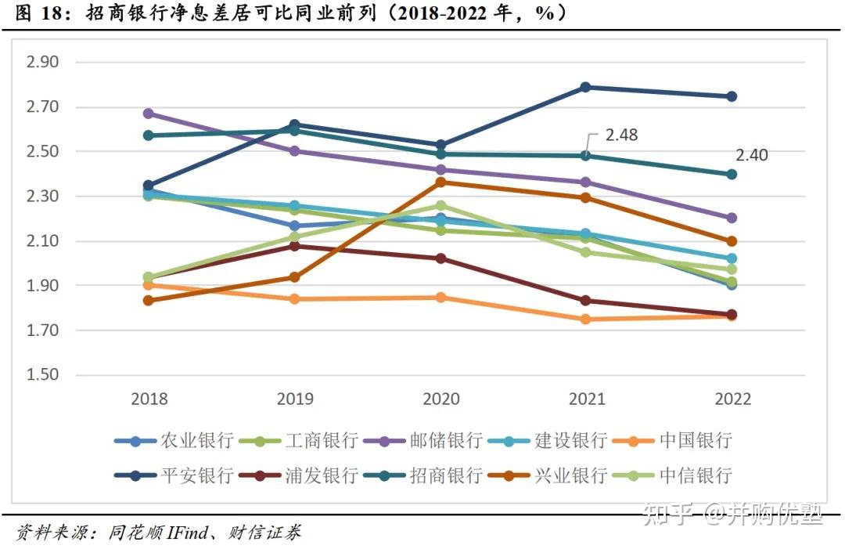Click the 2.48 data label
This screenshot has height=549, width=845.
click(621, 135)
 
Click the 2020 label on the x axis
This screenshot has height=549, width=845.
click(440, 399)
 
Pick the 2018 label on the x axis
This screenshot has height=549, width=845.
click(149, 399)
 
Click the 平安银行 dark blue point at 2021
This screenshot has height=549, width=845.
click(586, 87)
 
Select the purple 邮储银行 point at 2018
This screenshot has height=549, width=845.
click(149, 114)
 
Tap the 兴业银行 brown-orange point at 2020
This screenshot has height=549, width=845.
click(440, 182)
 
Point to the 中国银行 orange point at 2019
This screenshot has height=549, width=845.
click(295, 299)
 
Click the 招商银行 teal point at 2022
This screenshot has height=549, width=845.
click(732, 175)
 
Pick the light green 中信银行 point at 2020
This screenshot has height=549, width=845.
click(440, 206)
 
